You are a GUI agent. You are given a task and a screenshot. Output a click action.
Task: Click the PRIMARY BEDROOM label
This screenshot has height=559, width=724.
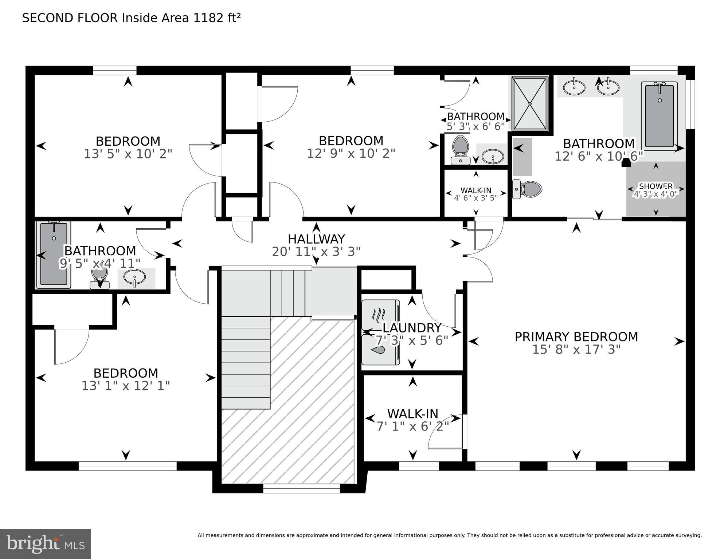pyautogui.click(x=576, y=337)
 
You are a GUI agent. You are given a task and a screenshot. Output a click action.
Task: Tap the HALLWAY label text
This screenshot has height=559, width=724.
pyautogui.click(x=316, y=239)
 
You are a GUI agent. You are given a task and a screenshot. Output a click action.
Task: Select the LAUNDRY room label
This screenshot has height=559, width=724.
pyautogui.click(x=412, y=328)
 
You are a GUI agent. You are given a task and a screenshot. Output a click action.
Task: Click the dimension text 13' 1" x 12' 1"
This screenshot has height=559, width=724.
pyautogui.click(x=126, y=386)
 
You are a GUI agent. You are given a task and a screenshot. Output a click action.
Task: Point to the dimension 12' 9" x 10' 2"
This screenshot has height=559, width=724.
pyautogui.click(x=351, y=153)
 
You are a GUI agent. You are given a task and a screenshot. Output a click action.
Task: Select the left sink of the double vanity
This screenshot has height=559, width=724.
pyautogui.click(x=574, y=87)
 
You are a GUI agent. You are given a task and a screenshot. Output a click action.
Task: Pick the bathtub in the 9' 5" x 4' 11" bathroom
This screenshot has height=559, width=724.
pyautogui.click(x=54, y=254)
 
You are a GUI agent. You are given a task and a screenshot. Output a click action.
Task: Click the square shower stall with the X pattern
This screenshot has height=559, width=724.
pyautogui.click(x=530, y=104)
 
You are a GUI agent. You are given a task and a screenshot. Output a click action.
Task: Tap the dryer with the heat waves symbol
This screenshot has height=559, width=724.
pyautogui.click(x=380, y=315)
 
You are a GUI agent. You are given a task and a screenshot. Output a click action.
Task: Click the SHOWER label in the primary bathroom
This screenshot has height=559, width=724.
pyautogui.click(x=656, y=186)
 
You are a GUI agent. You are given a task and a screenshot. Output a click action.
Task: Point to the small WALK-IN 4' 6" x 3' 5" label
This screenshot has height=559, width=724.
pyautogui.click(x=476, y=194)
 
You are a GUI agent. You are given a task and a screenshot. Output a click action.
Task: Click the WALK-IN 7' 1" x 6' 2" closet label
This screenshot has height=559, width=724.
pyautogui.click(x=412, y=414)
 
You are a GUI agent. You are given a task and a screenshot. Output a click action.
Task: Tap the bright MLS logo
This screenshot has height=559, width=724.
pyautogui.click(x=45, y=544)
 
